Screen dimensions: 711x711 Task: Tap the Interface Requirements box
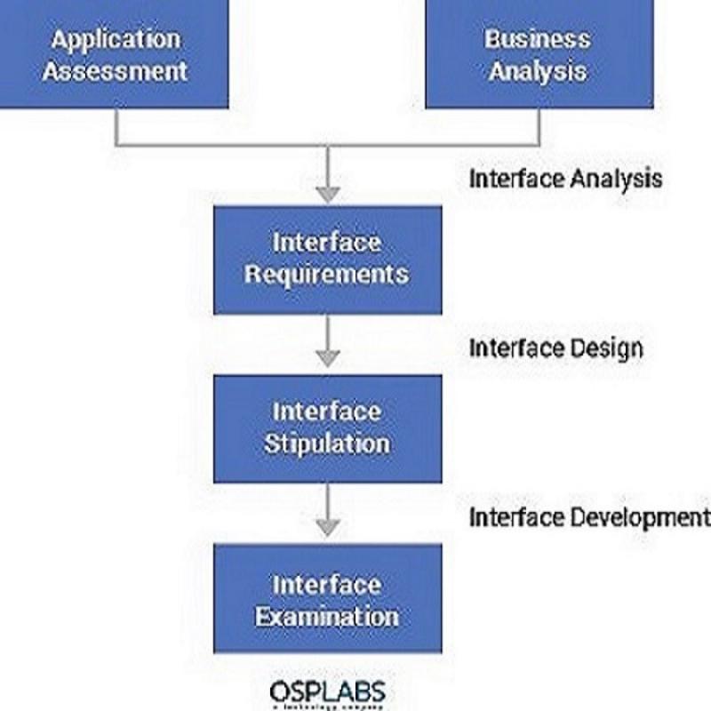327,259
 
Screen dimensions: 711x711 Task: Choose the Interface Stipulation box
327,427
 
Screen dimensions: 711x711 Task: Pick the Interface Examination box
327,598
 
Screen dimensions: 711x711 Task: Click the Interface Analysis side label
565,178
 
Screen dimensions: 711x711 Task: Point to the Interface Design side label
555,348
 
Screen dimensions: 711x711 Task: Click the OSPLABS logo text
328,691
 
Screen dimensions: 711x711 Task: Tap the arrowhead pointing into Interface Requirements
329,193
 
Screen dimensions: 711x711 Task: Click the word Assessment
115,70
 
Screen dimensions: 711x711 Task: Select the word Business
537,38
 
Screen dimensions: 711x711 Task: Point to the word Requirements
327,274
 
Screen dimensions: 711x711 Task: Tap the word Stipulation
327,443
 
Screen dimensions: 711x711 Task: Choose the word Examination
327,615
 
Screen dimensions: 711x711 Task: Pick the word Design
605,348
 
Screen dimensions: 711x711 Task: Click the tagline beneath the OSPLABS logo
328,707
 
